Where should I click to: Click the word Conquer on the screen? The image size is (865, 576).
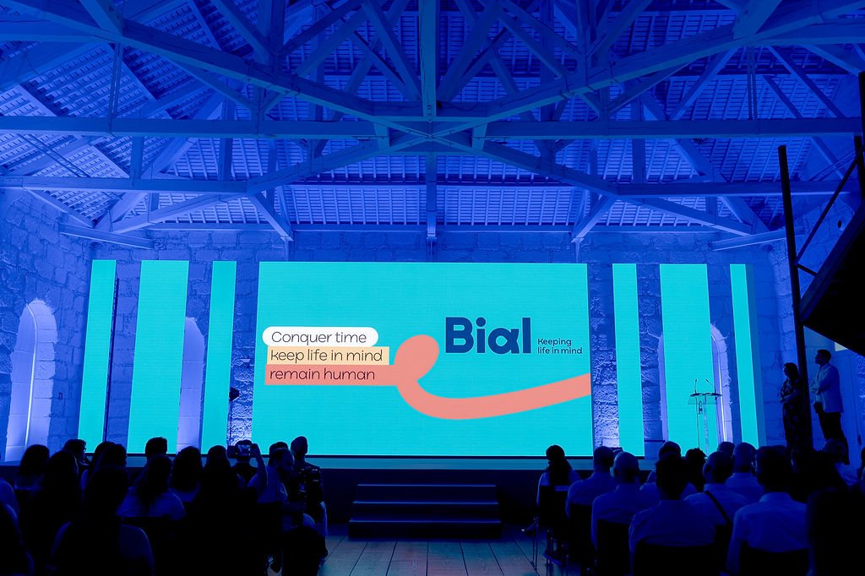pyautogui.click(x=298, y=337)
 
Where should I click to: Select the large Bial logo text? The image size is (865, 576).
pyautogui.click(x=487, y=335)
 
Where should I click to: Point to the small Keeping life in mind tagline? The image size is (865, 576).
pyautogui.click(x=559, y=346)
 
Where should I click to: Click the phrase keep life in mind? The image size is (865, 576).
pyautogui.click(x=326, y=356)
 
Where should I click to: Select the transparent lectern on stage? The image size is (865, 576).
pyautogui.click(x=705, y=419)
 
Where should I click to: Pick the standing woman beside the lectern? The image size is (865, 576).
pyautogui.click(x=792, y=403)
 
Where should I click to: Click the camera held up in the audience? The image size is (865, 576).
pyautogui.click(x=242, y=450)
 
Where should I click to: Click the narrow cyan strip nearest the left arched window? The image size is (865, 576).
pyautogui.click(x=97, y=353)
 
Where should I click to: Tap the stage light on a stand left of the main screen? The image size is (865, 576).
pyautogui.click(x=233, y=394)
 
